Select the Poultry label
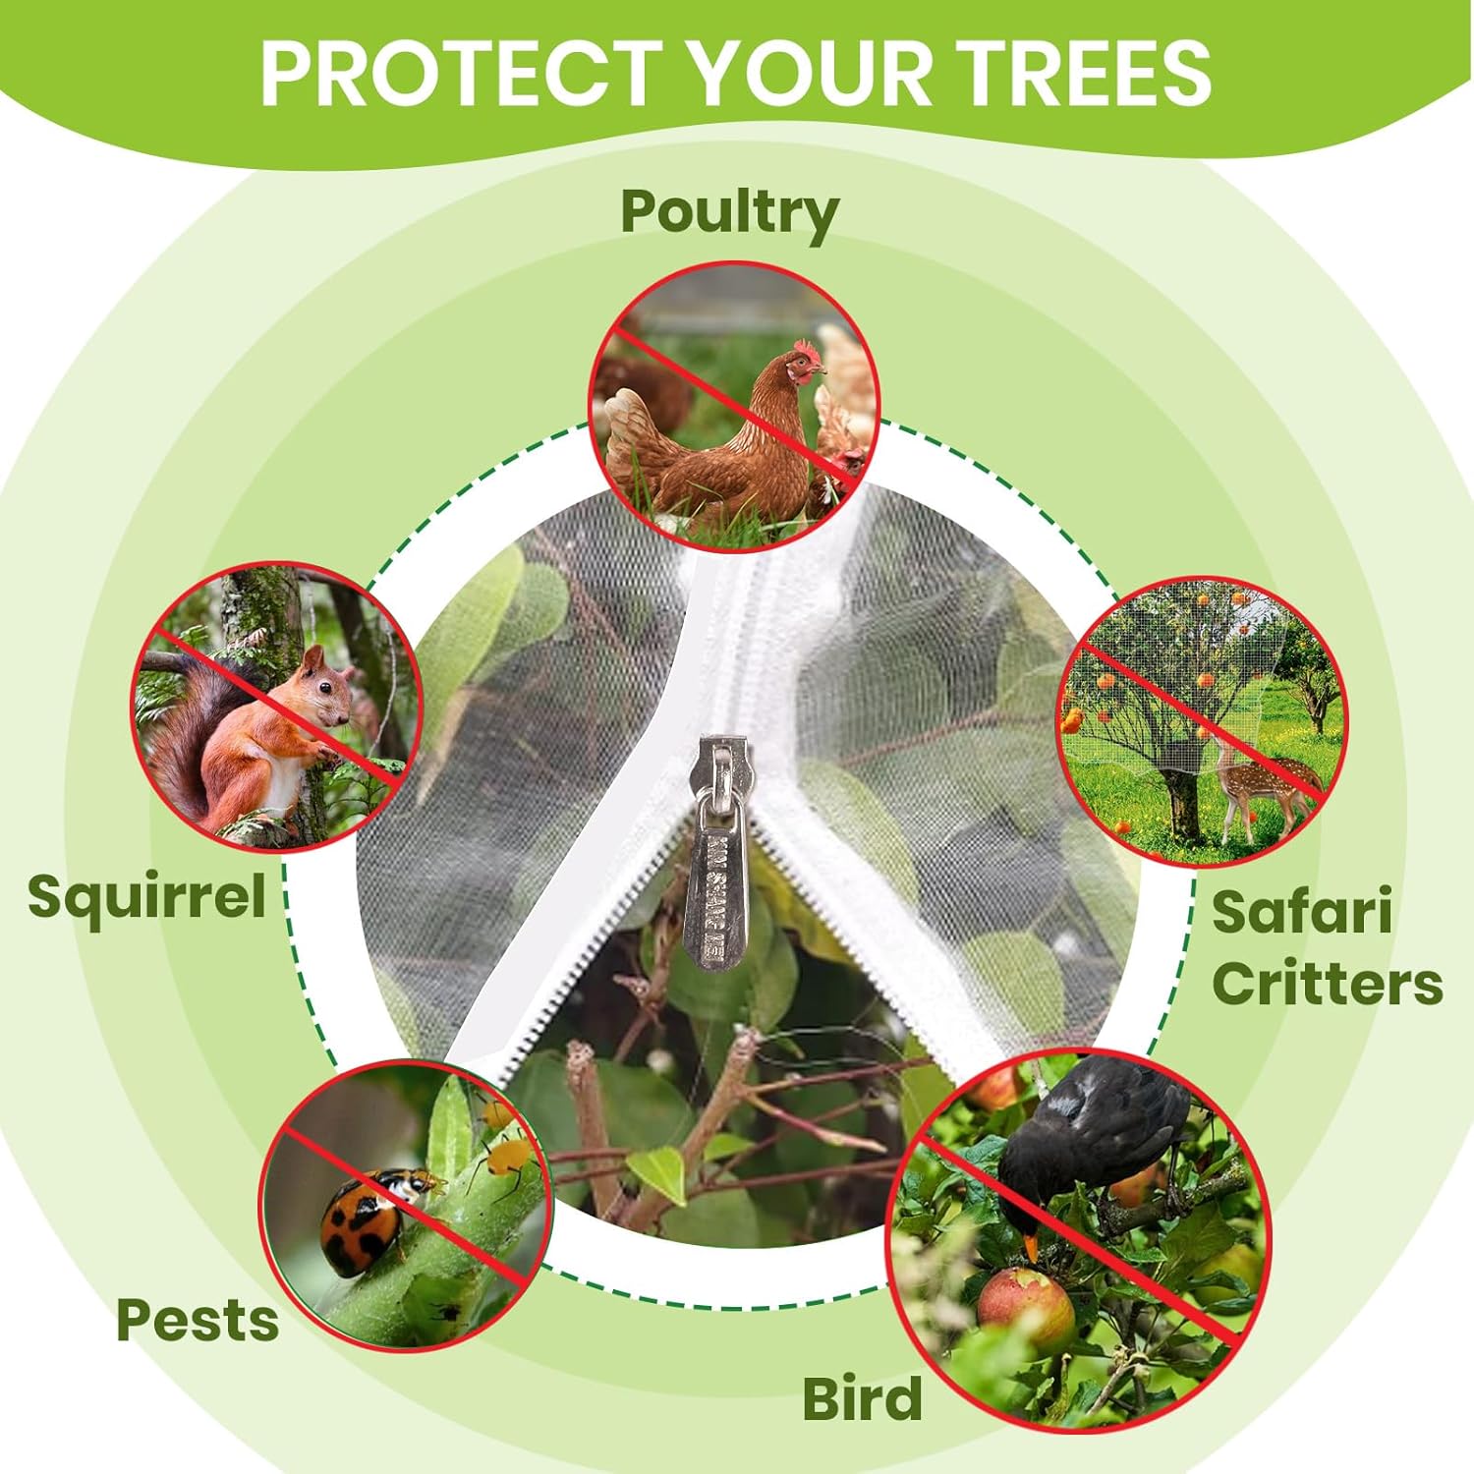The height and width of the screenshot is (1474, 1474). (729, 213)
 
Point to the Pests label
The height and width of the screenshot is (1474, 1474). (198, 1320)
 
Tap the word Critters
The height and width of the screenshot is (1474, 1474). (1328, 983)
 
